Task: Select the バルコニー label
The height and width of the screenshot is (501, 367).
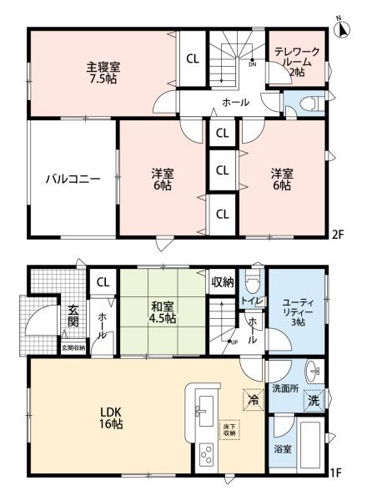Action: click(73, 179)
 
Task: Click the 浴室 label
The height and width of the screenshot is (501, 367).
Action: click(282, 448)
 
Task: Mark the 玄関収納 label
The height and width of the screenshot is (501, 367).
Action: click(72, 347)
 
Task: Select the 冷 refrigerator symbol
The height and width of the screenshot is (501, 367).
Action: click(250, 401)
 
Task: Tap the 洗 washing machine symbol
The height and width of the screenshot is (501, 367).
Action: click(314, 401)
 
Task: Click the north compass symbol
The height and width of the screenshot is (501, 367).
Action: click(341, 28)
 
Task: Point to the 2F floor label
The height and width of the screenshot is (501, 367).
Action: click(338, 235)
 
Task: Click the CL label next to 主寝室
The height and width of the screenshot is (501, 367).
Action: click(192, 58)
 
